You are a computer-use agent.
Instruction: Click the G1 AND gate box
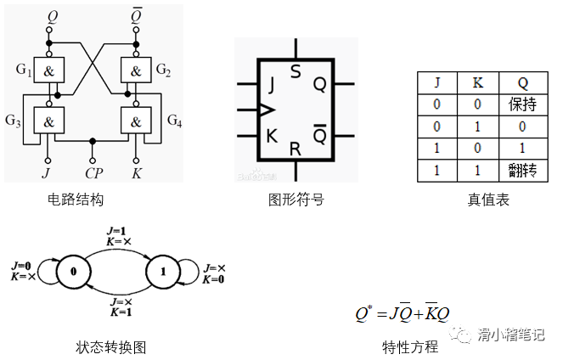click(48, 70)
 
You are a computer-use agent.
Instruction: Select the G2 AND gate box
click(136, 70)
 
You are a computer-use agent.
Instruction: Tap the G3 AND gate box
click(48, 122)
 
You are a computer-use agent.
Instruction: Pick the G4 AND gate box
click(136, 122)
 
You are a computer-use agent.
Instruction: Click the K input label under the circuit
click(136, 174)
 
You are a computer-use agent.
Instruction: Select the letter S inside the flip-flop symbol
click(295, 70)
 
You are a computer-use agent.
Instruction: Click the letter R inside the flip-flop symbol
click(295, 149)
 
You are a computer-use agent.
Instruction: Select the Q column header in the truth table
click(523, 83)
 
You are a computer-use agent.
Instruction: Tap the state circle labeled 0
click(75, 272)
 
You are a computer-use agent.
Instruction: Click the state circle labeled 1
click(162, 272)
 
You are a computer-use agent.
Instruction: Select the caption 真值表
click(487, 200)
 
